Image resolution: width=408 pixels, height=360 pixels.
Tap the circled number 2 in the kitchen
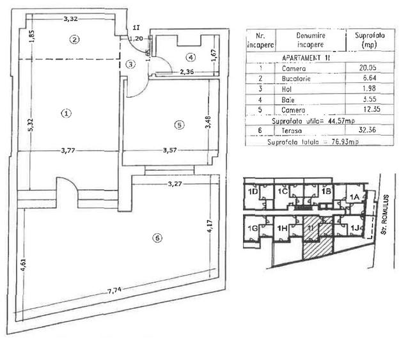point(75,39)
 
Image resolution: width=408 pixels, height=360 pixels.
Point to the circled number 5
point(179,125)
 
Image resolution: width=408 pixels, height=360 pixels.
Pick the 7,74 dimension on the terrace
point(116,291)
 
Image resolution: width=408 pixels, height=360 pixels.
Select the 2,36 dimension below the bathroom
point(187,72)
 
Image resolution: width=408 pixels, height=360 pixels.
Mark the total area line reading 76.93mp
point(304,143)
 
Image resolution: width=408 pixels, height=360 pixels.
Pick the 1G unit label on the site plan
point(254,228)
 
